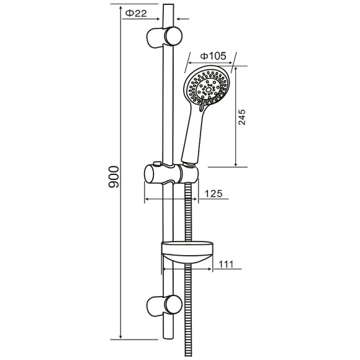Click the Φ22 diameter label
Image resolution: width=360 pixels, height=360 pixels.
pyautogui.click(x=136, y=13)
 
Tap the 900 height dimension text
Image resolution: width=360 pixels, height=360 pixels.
pyautogui.click(x=114, y=177)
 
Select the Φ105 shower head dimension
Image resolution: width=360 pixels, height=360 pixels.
pyautogui.click(x=213, y=56)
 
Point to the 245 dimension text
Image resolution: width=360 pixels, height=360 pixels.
pyautogui.click(x=241, y=117)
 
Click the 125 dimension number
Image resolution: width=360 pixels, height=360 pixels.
pyautogui.click(x=214, y=194)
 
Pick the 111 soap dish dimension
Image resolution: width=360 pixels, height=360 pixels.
pyautogui.click(x=226, y=264)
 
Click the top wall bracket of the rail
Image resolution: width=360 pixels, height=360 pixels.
pyautogui.click(x=164, y=37)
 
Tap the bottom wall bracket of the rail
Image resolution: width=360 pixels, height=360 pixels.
pyautogui.click(x=164, y=305)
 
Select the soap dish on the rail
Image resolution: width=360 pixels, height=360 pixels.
pyautogui.click(x=187, y=252)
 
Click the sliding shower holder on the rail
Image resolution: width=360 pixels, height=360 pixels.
pyautogui.click(x=171, y=174)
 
